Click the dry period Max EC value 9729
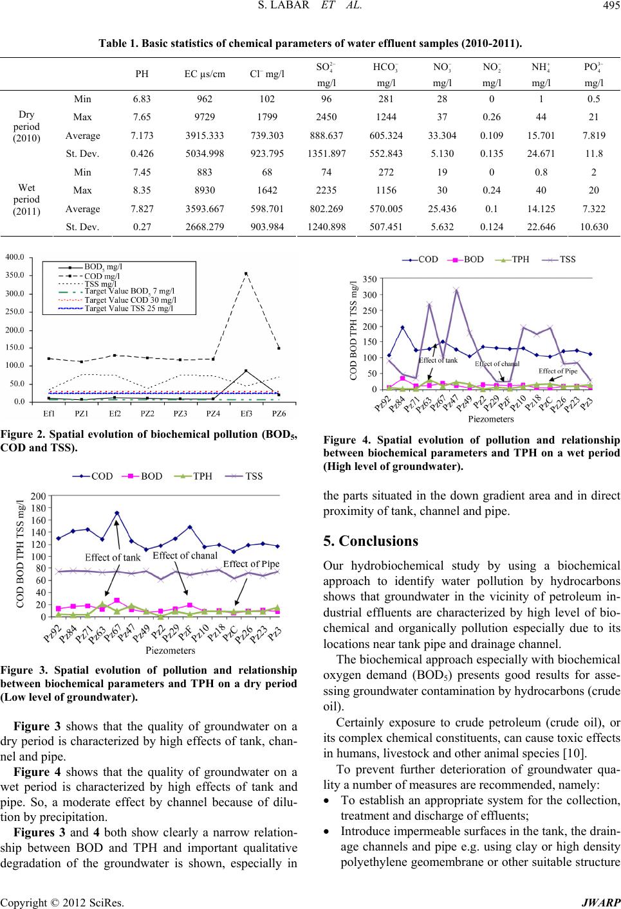point(204,117)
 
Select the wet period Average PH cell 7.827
point(142,208)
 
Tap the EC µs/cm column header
point(204,74)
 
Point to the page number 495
point(611,5)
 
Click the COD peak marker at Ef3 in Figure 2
point(246,273)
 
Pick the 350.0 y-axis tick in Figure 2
point(15,275)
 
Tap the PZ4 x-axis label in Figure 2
point(213,413)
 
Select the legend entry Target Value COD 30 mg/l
point(130,300)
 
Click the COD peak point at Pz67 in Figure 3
point(117,513)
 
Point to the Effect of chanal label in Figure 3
point(185,555)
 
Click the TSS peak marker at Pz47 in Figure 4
point(456,290)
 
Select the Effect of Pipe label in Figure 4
point(558,371)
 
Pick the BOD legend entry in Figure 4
point(465,259)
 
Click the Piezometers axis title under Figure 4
point(490,419)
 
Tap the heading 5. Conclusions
point(371,541)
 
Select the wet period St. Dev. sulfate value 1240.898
point(326,226)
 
